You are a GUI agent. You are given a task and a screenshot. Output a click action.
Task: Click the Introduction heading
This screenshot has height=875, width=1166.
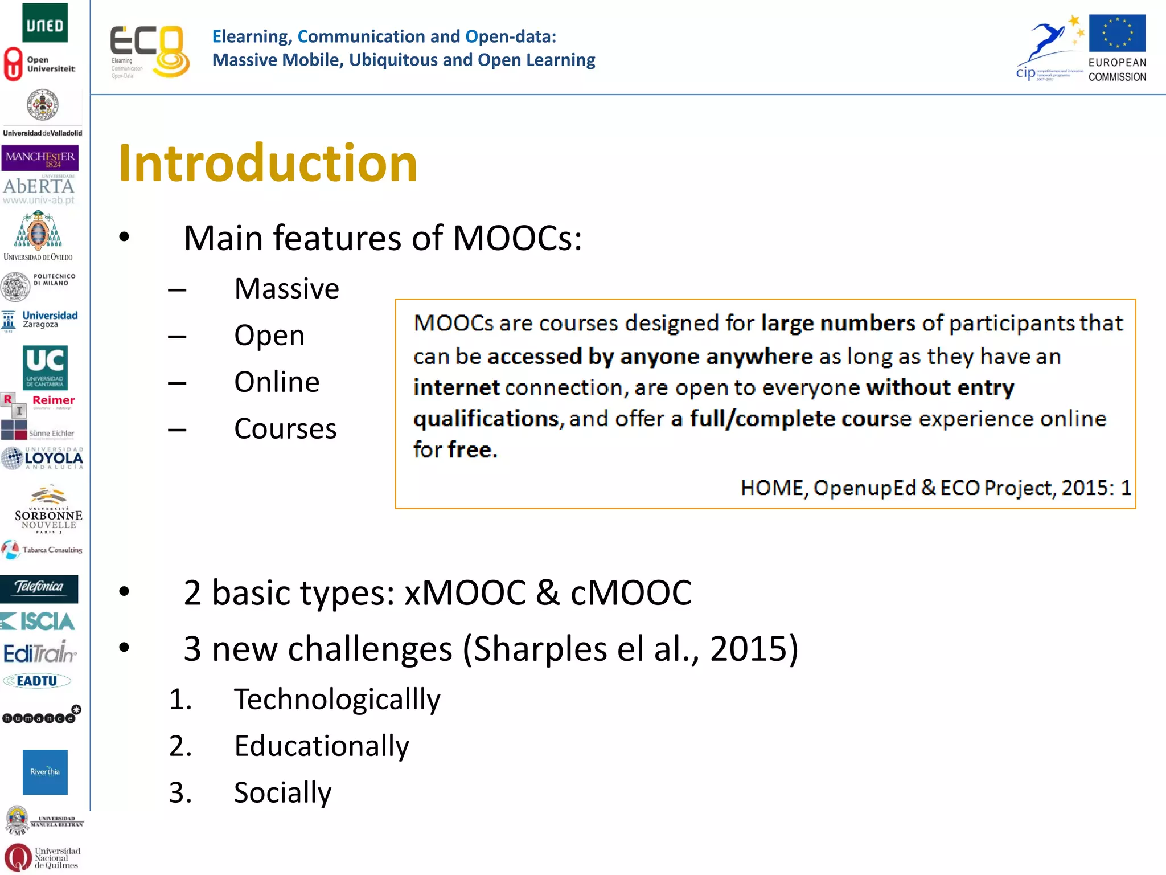click(268, 163)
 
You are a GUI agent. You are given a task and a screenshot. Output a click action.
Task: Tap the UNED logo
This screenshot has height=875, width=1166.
click(45, 23)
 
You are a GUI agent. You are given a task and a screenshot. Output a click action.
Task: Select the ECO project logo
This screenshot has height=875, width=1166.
click(149, 51)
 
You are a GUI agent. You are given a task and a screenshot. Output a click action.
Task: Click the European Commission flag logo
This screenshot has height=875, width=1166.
click(1116, 34)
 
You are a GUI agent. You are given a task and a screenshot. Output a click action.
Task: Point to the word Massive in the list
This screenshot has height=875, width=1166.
click(286, 289)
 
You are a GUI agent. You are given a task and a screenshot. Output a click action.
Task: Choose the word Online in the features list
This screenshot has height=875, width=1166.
click(277, 382)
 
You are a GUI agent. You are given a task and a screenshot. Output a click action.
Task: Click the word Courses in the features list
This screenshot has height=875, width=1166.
click(285, 428)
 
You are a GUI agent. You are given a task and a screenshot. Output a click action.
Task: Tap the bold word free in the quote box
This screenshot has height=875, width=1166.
click(471, 450)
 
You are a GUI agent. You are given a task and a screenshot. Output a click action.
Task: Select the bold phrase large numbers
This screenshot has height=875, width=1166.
click(837, 323)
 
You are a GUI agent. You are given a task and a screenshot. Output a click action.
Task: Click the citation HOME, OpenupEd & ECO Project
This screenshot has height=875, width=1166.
click(935, 488)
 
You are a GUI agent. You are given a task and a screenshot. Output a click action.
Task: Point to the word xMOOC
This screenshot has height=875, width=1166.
click(465, 592)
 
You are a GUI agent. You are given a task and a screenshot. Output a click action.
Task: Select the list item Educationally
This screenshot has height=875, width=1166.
click(322, 746)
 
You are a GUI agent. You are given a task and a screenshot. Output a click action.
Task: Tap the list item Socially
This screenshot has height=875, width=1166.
click(282, 792)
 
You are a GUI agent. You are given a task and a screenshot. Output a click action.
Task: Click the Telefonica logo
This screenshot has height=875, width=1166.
click(39, 588)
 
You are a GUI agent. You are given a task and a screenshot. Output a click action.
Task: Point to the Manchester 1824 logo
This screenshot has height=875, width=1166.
click(40, 158)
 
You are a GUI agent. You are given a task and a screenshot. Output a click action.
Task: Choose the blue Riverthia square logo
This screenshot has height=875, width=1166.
click(45, 772)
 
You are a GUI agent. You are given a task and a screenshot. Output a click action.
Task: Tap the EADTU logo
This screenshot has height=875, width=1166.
click(37, 681)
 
